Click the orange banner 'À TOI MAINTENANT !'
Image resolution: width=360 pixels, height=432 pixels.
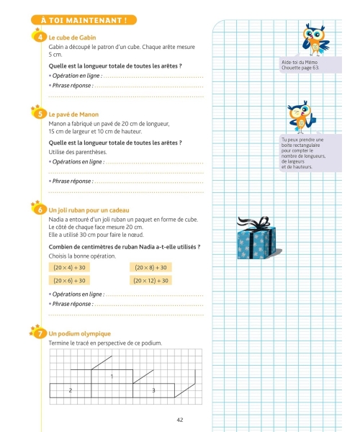(x=84, y=20)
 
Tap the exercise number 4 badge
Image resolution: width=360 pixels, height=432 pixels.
(x=40, y=37)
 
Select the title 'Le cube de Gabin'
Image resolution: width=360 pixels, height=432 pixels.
(x=72, y=37)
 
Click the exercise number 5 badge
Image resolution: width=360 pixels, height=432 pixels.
(x=40, y=114)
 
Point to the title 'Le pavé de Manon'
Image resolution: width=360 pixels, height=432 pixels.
(x=73, y=114)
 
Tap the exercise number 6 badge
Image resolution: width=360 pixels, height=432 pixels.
(x=40, y=210)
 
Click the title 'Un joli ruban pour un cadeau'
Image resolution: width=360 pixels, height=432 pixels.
(x=89, y=210)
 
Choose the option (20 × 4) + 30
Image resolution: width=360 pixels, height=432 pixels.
(x=69, y=267)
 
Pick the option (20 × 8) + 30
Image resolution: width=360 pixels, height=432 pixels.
(x=150, y=267)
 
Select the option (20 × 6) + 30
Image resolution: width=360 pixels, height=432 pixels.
(x=69, y=281)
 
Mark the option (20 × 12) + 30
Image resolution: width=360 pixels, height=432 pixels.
(x=150, y=281)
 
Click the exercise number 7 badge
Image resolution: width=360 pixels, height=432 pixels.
(x=40, y=333)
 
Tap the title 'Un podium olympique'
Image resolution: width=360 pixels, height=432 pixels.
(x=80, y=333)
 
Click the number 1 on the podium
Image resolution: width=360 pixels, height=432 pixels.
(x=112, y=377)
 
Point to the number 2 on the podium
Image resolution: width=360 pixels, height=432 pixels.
(x=71, y=390)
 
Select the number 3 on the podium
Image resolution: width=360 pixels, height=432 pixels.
(x=153, y=390)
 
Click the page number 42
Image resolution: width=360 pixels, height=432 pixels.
(x=180, y=420)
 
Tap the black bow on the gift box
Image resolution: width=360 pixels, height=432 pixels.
(x=255, y=222)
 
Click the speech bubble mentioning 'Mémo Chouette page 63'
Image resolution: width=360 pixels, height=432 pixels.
(x=311, y=65)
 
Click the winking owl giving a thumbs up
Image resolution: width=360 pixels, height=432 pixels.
(x=302, y=117)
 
